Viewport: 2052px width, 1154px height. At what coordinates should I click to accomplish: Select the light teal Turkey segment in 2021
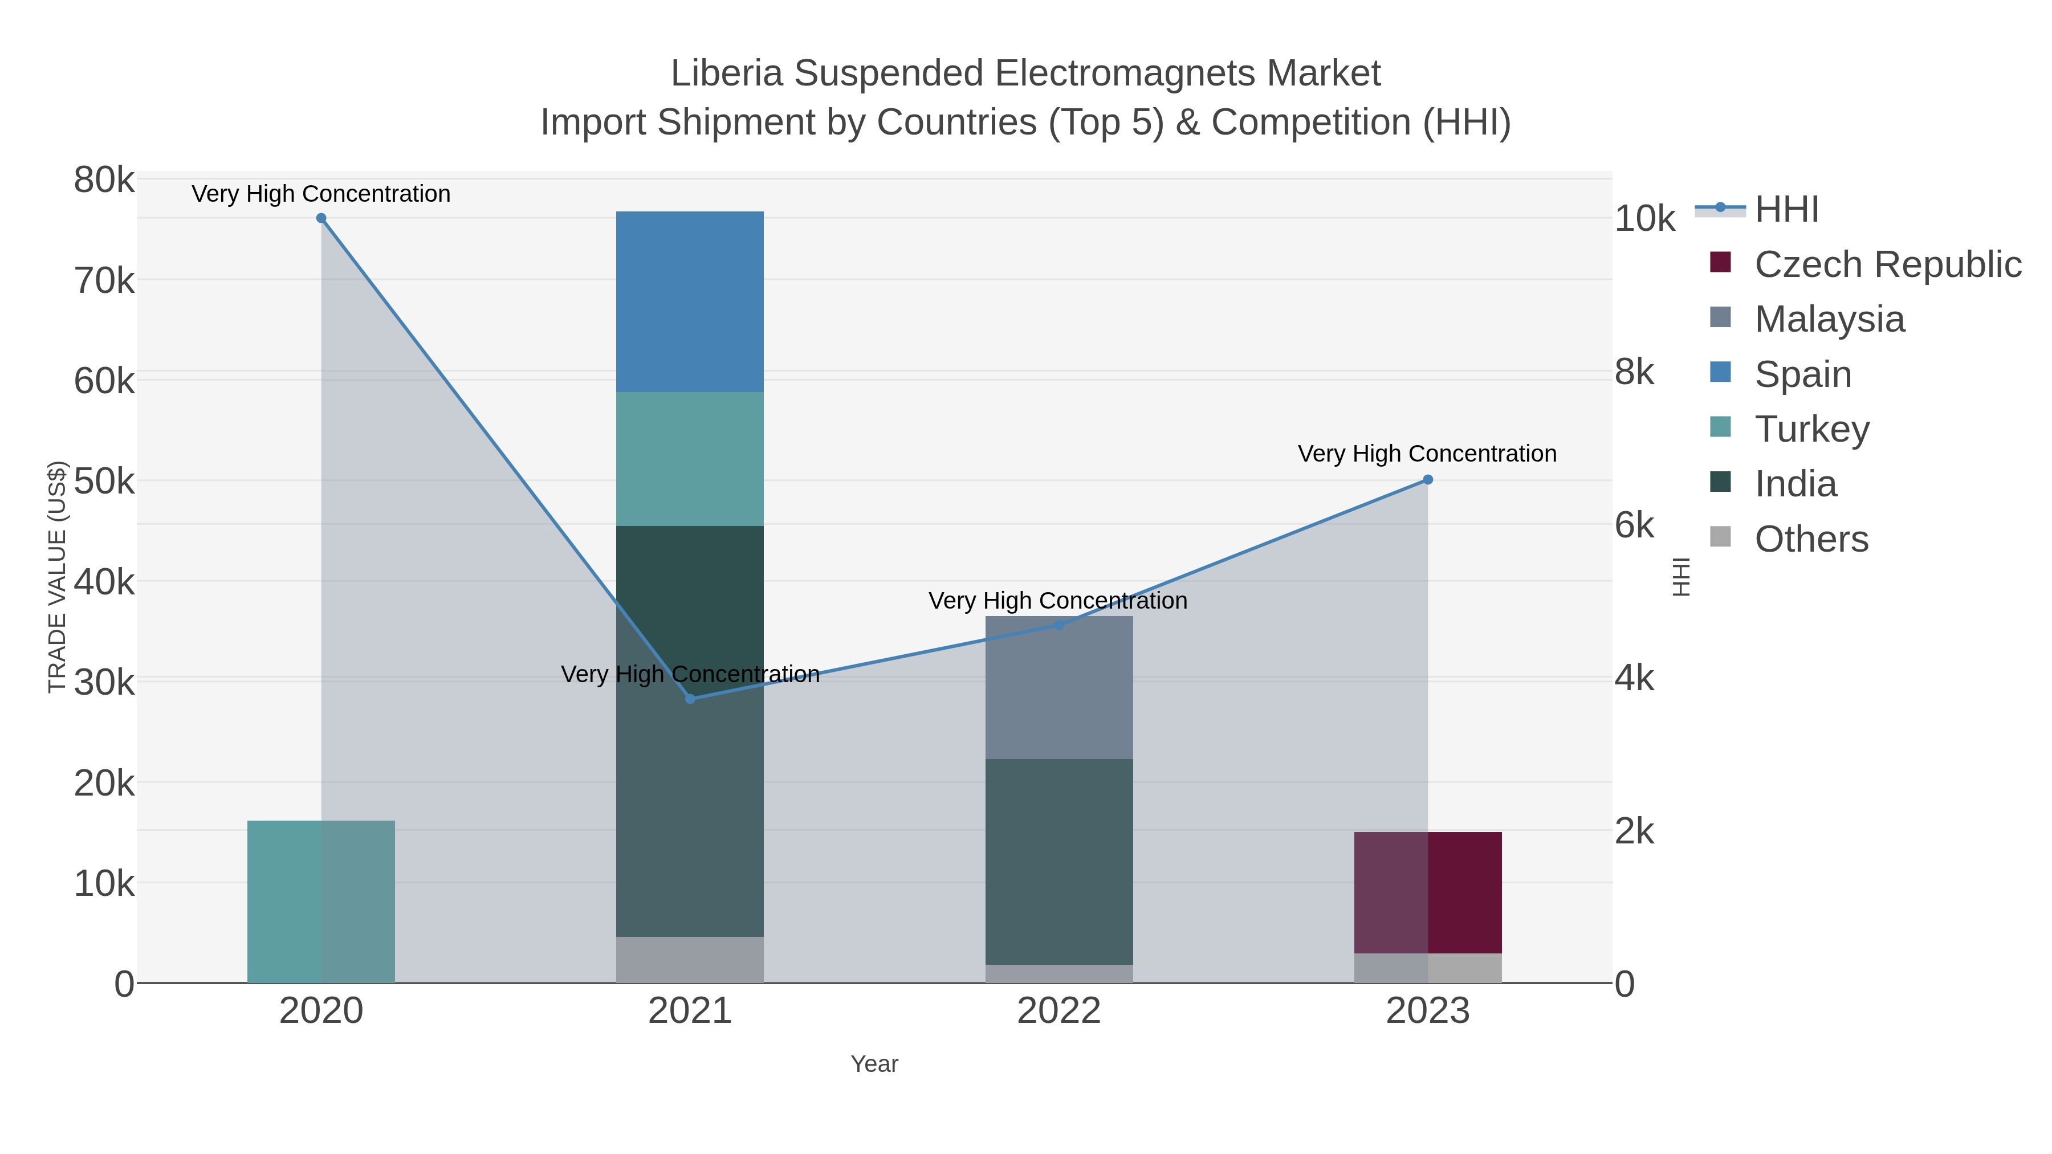coord(689,458)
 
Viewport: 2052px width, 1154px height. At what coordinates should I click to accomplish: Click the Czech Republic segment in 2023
coord(1427,892)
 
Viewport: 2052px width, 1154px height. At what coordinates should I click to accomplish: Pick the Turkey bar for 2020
coord(320,901)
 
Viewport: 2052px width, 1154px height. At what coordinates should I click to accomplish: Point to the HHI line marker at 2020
coord(321,218)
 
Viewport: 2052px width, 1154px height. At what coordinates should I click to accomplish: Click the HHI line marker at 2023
coord(1427,479)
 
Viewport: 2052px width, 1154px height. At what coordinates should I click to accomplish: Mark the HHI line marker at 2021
coord(690,699)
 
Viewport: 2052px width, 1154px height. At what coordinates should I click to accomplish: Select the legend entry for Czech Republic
coord(1886,264)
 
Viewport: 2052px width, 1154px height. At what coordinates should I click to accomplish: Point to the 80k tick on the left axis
coord(104,180)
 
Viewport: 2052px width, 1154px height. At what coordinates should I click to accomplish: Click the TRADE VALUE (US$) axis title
coord(58,577)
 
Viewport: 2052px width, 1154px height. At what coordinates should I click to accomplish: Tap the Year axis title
coord(874,1064)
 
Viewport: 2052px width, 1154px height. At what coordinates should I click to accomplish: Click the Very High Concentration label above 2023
coord(1427,454)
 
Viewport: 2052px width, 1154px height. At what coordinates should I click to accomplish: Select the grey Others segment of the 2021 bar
coord(689,960)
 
